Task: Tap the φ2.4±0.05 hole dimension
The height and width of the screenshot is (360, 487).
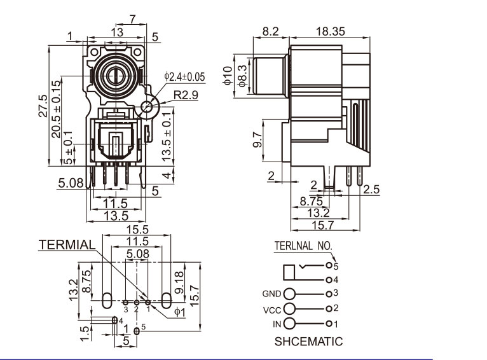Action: pos(185,77)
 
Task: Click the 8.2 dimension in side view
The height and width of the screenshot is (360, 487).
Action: pos(270,30)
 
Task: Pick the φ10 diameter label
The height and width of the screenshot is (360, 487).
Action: pos(227,75)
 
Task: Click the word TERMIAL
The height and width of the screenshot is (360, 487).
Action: pos(67,245)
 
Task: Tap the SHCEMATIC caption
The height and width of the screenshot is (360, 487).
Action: pos(308,342)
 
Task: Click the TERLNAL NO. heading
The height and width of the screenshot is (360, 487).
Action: pos(303,245)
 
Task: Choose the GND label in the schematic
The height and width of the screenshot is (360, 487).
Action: pos(271,294)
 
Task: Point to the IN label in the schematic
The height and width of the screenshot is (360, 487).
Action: pos(277,324)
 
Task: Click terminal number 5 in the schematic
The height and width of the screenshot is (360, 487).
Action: pos(336,265)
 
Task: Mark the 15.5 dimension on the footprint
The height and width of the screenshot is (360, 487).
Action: pos(138,229)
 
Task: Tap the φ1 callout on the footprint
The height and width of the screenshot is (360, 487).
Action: pos(179,312)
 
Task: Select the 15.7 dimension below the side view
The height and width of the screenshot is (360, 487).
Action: pos(322,225)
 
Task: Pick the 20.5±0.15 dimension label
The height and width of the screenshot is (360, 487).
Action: pos(56,109)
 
